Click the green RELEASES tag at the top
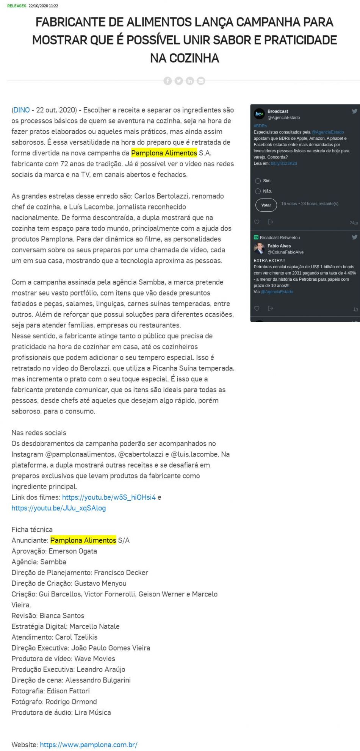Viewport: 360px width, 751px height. click(x=17, y=6)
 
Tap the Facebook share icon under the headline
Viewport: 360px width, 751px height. click(x=167, y=81)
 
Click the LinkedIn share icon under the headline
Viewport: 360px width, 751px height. click(x=190, y=81)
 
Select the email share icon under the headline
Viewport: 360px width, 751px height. click(x=201, y=81)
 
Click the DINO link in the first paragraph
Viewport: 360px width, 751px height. click(x=22, y=110)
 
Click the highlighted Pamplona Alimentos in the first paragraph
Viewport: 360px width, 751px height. click(x=164, y=153)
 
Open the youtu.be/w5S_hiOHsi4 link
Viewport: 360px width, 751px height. click(x=109, y=498)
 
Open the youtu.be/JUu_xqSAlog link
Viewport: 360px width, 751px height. click(x=58, y=508)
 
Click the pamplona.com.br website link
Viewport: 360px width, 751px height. click(x=88, y=745)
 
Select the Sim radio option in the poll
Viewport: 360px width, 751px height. click(x=258, y=181)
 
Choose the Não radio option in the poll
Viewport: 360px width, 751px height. click(x=258, y=191)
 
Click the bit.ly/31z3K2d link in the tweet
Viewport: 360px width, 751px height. click(x=284, y=163)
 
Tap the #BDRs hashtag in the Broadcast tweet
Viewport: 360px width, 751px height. click(x=260, y=126)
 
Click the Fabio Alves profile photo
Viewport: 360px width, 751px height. click(x=259, y=249)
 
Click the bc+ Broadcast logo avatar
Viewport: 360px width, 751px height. click(x=259, y=114)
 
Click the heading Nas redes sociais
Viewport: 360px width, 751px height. click(x=39, y=433)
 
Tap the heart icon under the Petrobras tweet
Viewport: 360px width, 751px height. click(x=257, y=308)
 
